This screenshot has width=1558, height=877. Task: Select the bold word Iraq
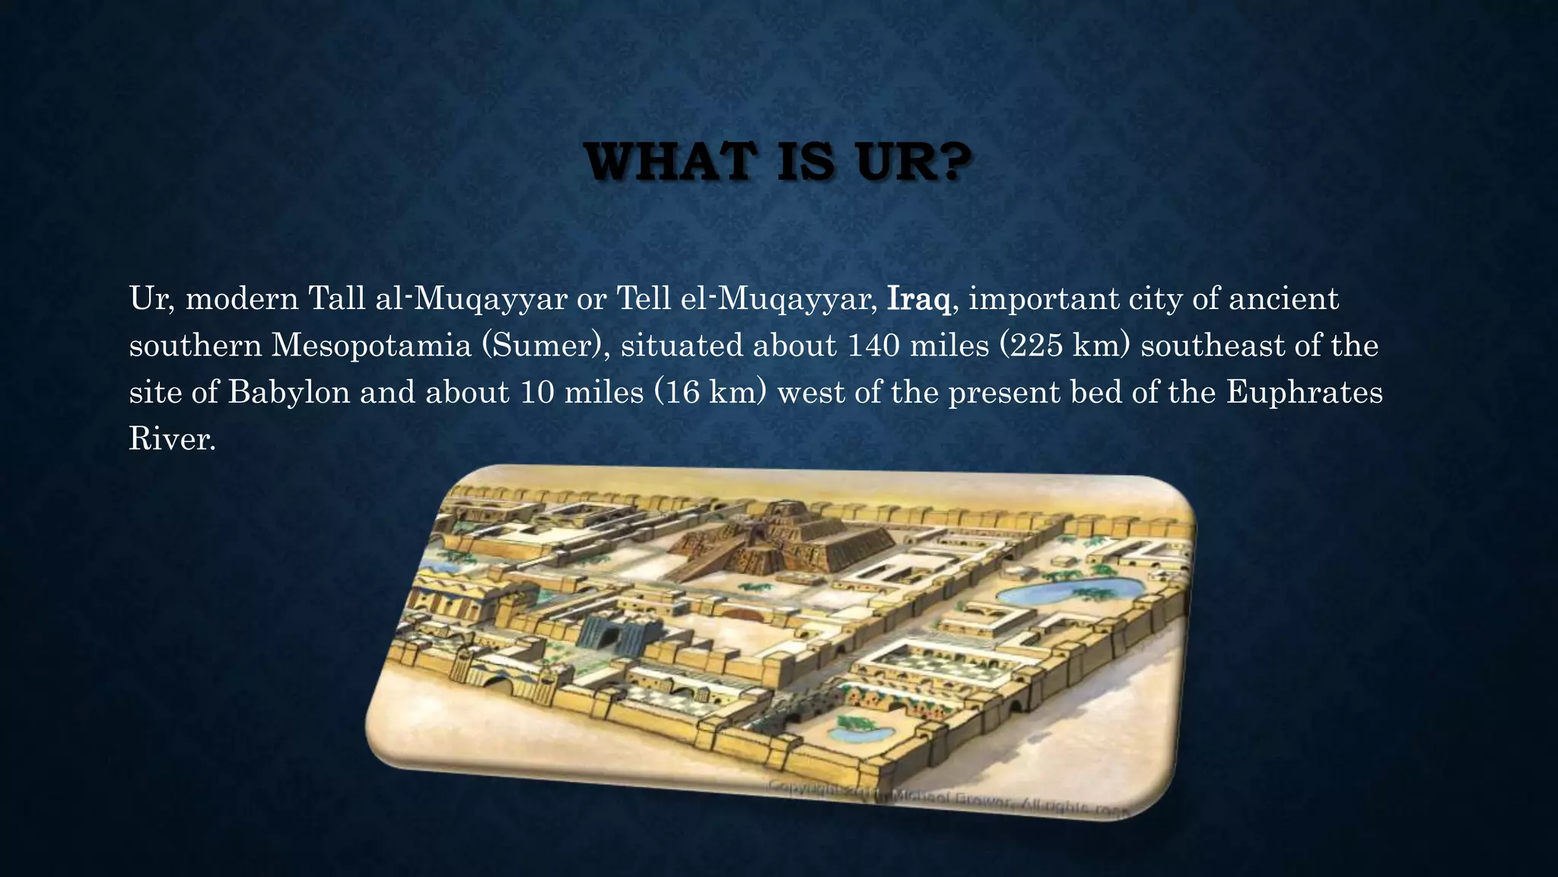pos(919,299)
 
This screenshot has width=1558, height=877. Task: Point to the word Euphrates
pos(1305,393)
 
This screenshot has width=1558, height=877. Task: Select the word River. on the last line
pos(173,439)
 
